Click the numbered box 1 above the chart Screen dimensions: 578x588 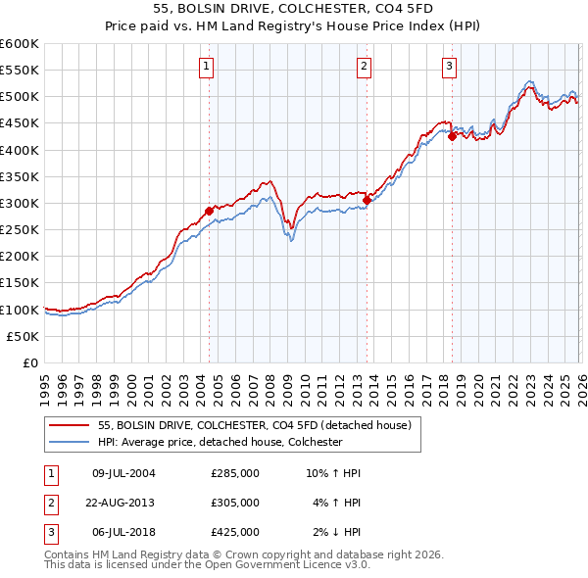(208, 67)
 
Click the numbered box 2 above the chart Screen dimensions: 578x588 (364, 67)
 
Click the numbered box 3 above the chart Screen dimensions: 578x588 (449, 67)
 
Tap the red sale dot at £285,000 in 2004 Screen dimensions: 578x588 (209, 211)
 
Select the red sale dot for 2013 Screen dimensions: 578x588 (367, 200)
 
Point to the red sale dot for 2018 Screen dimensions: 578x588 (452, 136)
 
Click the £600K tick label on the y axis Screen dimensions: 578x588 (20, 44)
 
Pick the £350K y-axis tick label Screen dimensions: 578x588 (20, 177)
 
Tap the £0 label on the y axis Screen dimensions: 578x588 (32, 362)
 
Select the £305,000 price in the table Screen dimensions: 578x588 (235, 503)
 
